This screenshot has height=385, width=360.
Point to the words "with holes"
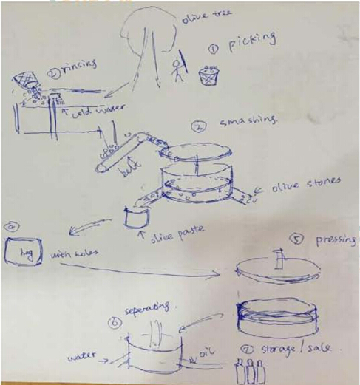point(74,256)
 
